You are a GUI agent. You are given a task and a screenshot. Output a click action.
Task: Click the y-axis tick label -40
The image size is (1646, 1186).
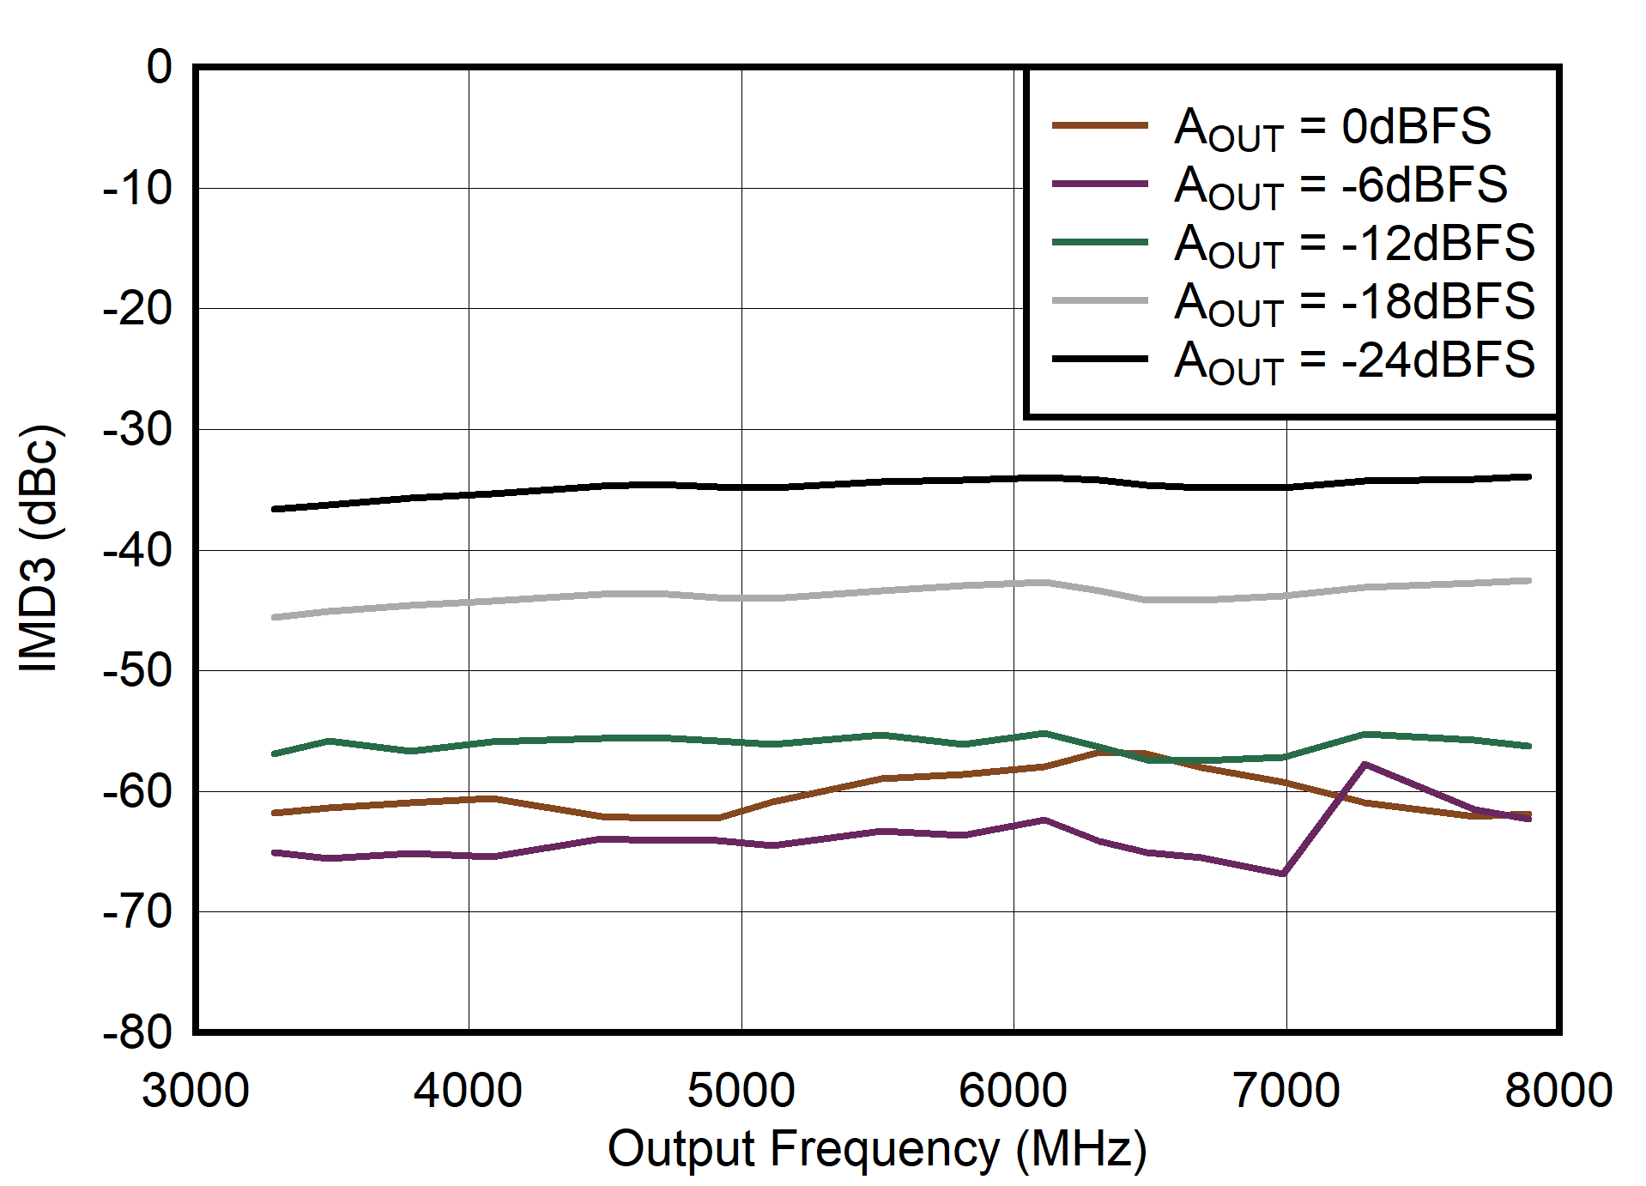[137, 550]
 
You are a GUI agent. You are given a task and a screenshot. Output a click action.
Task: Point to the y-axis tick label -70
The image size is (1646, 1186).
[137, 912]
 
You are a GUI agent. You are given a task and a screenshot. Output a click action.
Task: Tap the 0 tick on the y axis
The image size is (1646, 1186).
[160, 67]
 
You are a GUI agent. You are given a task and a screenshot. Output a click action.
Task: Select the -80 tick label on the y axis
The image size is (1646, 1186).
[137, 1032]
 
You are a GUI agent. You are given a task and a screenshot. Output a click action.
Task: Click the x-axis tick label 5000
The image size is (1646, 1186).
[741, 1091]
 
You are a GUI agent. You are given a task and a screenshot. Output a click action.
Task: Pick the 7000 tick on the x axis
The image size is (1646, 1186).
[1286, 1091]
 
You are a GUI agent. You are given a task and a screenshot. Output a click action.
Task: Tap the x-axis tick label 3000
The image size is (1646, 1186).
[196, 1091]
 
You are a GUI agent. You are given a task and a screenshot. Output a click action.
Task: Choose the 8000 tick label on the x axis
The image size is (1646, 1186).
[1558, 1091]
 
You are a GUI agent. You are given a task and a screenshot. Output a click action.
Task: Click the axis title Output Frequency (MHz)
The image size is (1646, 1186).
[876, 1150]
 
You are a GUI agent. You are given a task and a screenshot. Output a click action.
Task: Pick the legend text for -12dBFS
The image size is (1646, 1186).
[1354, 245]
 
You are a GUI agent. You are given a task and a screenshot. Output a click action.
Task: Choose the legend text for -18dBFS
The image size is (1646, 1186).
[1354, 303]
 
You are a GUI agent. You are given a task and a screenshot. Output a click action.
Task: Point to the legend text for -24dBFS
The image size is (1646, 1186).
[1354, 361]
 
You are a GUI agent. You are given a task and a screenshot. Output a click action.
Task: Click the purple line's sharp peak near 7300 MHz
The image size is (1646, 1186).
[1365, 764]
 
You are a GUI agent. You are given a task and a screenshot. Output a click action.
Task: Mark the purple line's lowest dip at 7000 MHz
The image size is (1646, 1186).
[1283, 874]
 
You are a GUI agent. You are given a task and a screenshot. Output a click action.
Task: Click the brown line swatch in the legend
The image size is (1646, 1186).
[1100, 125]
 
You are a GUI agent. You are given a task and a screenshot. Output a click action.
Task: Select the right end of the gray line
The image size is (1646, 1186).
[1529, 581]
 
